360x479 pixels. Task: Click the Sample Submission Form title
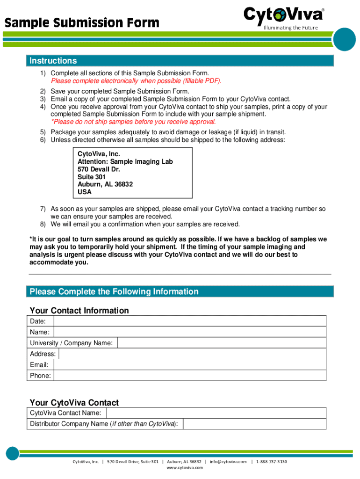(x=82, y=22)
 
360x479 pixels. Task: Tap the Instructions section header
(x=53, y=61)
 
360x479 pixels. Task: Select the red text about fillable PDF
(x=136, y=80)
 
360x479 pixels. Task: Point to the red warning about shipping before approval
(x=133, y=122)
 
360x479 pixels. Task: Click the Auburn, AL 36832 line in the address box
(x=105, y=184)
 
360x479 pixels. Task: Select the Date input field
(x=190, y=321)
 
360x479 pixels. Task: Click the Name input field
(x=190, y=332)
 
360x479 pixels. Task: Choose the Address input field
(x=192, y=354)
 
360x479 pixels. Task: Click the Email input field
(x=190, y=364)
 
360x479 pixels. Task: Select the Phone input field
(x=190, y=376)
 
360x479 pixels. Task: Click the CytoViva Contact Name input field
(x=216, y=413)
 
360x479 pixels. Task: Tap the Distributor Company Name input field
(x=254, y=424)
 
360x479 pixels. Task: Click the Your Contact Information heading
(x=79, y=311)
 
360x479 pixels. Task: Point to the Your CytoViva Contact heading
(x=74, y=403)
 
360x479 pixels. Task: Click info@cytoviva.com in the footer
(x=228, y=462)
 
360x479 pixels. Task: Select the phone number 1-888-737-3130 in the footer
(x=272, y=462)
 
